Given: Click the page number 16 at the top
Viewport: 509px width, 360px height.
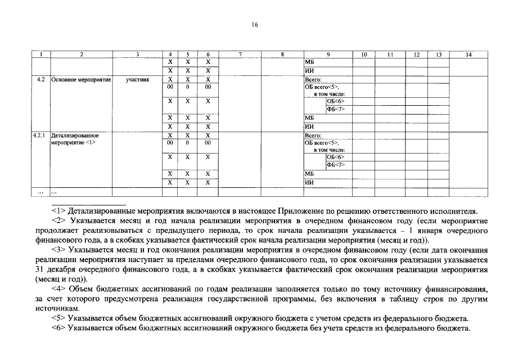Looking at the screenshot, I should (255, 25).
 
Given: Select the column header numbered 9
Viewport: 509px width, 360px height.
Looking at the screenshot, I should (328, 55).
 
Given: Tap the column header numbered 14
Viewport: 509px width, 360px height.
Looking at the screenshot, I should (469, 55).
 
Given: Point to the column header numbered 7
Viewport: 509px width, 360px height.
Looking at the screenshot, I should (240, 55).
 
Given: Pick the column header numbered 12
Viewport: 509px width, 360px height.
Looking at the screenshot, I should (416, 55).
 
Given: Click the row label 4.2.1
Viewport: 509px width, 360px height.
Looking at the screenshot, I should (40, 136).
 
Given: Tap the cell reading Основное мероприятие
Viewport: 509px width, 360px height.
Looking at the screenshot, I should (81, 80).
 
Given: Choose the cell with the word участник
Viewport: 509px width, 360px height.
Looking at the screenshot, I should (137, 80).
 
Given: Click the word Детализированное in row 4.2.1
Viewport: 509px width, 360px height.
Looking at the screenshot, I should (75, 136).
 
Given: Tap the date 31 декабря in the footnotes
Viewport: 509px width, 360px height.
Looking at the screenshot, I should (53, 269).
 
